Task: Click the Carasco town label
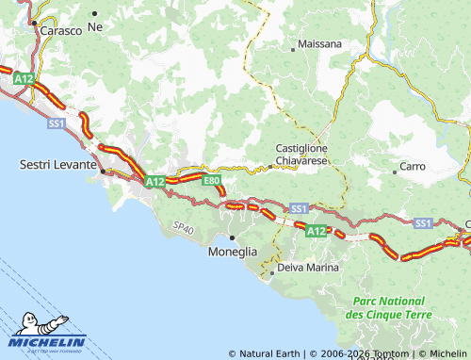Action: tap(61, 30)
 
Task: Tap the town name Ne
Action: tap(94, 27)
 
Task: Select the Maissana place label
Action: tap(319, 44)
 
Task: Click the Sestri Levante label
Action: tap(57, 164)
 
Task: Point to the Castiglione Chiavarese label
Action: tap(300, 155)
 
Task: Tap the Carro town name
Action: tap(413, 166)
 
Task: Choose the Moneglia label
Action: tap(232, 252)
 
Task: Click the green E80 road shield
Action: tap(211, 180)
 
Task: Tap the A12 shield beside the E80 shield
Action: tap(154, 181)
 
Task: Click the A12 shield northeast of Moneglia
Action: tap(317, 229)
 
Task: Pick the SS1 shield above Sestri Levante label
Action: tap(57, 123)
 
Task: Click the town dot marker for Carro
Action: tap(395, 172)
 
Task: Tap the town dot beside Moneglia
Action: tap(232, 237)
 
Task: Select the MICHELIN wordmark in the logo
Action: tap(49, 342)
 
